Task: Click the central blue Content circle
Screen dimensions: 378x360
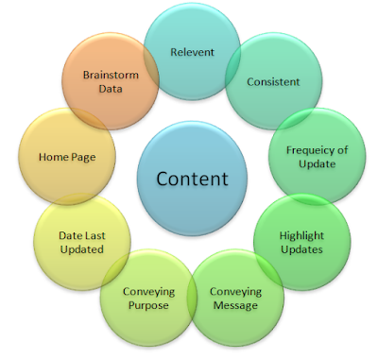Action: (x=192, y=179)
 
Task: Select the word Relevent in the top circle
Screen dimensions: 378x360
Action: (x=192, y=52)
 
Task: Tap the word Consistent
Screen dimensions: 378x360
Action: (x=273, y=82)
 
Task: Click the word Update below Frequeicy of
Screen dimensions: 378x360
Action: (x=317, y=164)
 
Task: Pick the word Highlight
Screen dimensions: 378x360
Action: (x=301, y=236)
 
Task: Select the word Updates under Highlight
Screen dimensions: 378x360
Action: (x=301, y=249)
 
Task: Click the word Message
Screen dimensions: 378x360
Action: (x=235, y=305)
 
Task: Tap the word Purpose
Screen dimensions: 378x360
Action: (x=148, y=305)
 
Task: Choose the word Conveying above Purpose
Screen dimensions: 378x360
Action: (x=148, y=292)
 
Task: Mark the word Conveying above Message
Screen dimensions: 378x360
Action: (x=235, y=292)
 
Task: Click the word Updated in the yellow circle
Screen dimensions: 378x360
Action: (x=82, y=249)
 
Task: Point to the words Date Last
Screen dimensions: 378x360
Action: (x=82, y=235)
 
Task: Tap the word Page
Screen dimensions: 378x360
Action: (x=83, y=158)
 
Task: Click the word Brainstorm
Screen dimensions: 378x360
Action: (x=111, y=75)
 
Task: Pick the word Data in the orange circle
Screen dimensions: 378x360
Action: (x=111, y=89)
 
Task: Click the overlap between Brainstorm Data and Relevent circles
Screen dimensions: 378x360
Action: (x=151, y=65)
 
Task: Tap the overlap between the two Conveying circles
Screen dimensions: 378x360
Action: (x=192, y=297)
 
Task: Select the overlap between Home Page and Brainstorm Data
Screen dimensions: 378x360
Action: (x=89, y=119)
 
